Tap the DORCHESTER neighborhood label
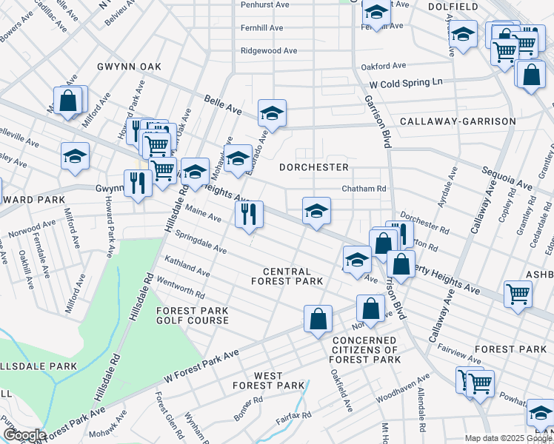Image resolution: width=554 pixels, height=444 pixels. (x=313, y=167)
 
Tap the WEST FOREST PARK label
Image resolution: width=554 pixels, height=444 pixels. (x=268, y=380)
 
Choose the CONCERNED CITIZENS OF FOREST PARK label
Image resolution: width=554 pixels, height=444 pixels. (x=365, y=349)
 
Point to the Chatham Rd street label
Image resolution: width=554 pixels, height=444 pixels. (x=364, y=189)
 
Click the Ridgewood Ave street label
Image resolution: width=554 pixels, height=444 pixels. (x=269, y=51)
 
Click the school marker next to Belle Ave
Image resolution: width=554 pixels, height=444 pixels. (x=272, y=114)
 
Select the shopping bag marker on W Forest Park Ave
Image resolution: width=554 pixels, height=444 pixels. (x=318, y=319)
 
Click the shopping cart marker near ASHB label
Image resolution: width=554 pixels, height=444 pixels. (x=518, y=293)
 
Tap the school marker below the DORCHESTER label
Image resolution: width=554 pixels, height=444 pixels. (x=316, y=212)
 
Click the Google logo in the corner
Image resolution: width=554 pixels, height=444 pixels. (x=24, y=435)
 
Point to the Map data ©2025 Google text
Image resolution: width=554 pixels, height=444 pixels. (x=508, y=438)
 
